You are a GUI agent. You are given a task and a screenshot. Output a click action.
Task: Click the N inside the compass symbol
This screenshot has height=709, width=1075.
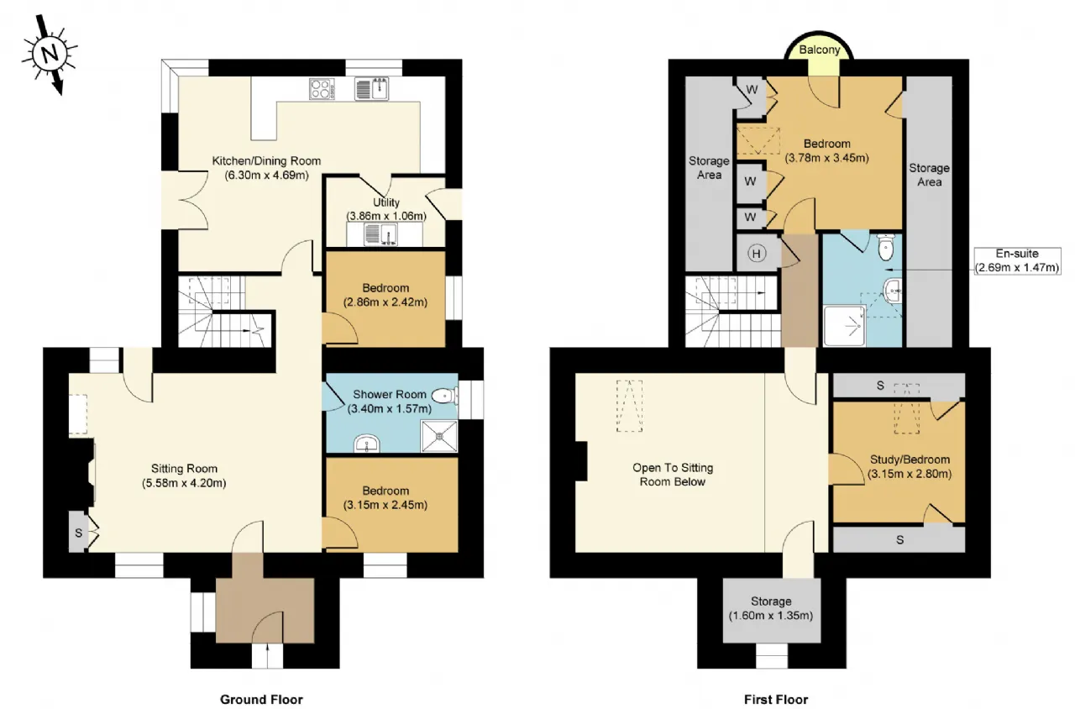(49, 53)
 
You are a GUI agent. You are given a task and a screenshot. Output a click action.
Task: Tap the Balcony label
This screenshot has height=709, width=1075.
(819, 50)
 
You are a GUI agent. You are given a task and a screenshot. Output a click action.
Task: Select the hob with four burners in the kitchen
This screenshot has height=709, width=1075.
(322, 89)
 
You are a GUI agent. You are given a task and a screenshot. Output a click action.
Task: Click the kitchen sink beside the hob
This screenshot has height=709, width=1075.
(372, 89)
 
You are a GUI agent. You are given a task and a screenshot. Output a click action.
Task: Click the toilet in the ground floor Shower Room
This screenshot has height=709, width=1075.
(445, 396)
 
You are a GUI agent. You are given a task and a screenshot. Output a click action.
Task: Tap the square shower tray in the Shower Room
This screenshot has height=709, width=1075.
(439, 436)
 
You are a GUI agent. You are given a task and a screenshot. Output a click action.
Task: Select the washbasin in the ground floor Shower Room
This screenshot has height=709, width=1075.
(367, 444)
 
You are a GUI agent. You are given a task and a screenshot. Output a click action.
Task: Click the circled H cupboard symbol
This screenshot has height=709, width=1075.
(757, 254)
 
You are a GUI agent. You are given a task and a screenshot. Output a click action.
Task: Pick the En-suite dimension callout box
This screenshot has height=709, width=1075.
(1017, 260)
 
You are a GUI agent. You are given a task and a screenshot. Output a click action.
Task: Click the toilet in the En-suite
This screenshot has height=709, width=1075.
(885, 247)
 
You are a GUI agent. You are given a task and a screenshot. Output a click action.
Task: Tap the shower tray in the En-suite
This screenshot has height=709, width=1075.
(845, 326)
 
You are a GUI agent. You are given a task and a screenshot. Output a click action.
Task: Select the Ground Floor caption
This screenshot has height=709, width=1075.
(261, 700)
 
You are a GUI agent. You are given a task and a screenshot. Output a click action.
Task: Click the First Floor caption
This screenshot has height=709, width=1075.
(776, 700)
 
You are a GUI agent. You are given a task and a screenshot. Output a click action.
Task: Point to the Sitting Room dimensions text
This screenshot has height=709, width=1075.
(184, 483)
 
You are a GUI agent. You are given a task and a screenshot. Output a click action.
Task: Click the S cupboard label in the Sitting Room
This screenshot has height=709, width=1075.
(78, 533)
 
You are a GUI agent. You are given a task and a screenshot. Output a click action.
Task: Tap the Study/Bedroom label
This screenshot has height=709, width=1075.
(910, 460)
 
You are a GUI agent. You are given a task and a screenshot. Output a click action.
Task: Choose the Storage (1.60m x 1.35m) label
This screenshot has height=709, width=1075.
(771, 608)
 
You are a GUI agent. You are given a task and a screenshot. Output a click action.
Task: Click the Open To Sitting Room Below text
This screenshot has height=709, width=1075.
(673, 475)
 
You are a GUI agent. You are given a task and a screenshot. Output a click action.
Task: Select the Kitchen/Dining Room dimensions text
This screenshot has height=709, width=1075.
(266, 175)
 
